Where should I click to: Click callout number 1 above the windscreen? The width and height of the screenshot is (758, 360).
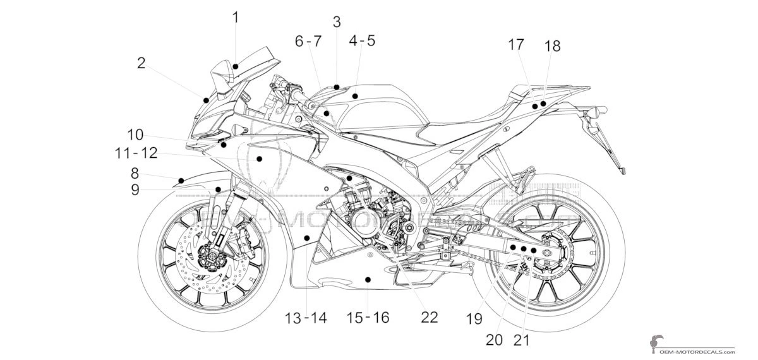click(x=236, y=17)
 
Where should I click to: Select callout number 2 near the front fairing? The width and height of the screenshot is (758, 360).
click(x=141, y=63)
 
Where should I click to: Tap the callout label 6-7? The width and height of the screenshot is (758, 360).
click(x=308, y=42)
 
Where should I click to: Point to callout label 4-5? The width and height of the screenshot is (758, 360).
click(x=361, y=40)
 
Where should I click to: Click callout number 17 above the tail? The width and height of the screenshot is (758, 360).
click(x=515, y=44)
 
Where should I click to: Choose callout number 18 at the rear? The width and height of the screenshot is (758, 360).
click(x=552, y=46)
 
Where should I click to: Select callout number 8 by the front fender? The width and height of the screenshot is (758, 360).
click(x=135, y=172)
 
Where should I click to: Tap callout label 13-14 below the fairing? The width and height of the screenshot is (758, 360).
click(x=305, y=318)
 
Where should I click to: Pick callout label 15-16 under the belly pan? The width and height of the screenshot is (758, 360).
click(x=368, y=318)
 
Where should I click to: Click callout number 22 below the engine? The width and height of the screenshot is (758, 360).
click(x=429, y=318)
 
